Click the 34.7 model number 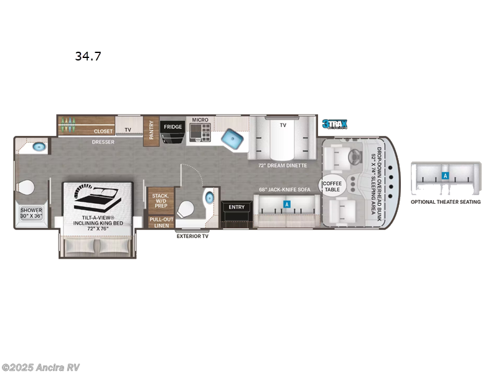(88, 56)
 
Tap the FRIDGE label (173, 127)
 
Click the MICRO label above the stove (200, 119)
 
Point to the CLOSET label (103, 132)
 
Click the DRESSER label (103, 141)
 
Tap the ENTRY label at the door (237, 207)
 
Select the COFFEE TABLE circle (332, 186)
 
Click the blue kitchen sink (233, 139)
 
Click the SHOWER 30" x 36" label (31, 213)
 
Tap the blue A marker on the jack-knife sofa (287, 204)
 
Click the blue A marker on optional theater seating (445, 176)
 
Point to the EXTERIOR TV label (192, 236)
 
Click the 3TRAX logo (334, 125)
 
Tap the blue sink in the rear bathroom (39, 148)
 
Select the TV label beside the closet (128, 130)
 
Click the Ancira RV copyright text (41, 367)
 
